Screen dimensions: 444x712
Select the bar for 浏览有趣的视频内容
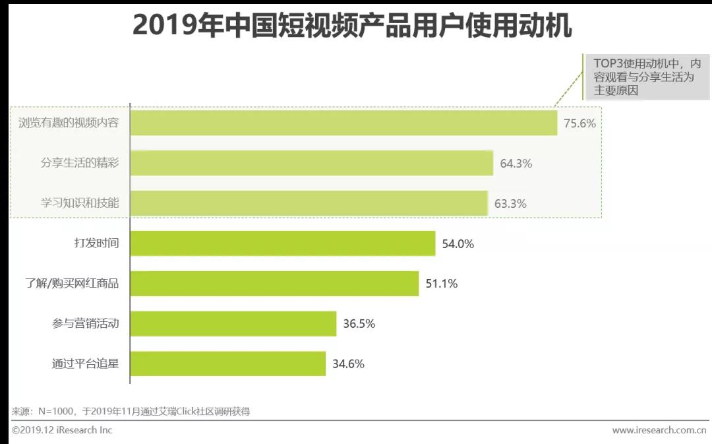coord(343,123)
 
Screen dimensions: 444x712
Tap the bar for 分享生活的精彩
coord(311,163)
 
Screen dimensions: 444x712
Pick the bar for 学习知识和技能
coord(309,203)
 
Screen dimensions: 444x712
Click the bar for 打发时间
coord(282,243)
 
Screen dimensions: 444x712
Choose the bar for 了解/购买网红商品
coord(274,284)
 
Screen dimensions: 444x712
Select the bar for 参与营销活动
coord(233,324)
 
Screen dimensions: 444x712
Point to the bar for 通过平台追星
coord(227,364)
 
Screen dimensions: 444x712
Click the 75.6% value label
coord(579,123)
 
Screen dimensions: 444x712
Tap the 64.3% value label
coord(516,164)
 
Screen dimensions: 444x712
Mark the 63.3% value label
coord(510,204)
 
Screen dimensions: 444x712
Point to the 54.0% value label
coord(458,244)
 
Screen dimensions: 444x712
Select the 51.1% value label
coord(441,284)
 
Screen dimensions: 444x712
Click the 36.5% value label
coord(359,324)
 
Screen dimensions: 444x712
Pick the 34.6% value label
coord(348,364)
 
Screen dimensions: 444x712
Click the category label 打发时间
coord(96,243)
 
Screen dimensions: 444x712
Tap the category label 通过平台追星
coord(85,364)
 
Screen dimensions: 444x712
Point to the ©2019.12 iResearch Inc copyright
coord(62,430)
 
